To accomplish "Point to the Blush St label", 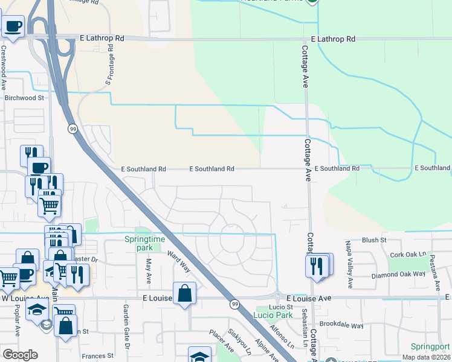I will click(374, 240).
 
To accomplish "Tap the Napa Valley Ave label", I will click(349, 262).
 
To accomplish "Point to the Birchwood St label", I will click(24, 97).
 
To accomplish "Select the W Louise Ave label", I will click(25, 299).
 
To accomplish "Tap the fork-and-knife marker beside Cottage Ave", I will click(317, 265).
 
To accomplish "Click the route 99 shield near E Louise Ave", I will click(233, 304).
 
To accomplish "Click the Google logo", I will click(20, 355).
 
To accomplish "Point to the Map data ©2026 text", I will click(427, 357).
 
